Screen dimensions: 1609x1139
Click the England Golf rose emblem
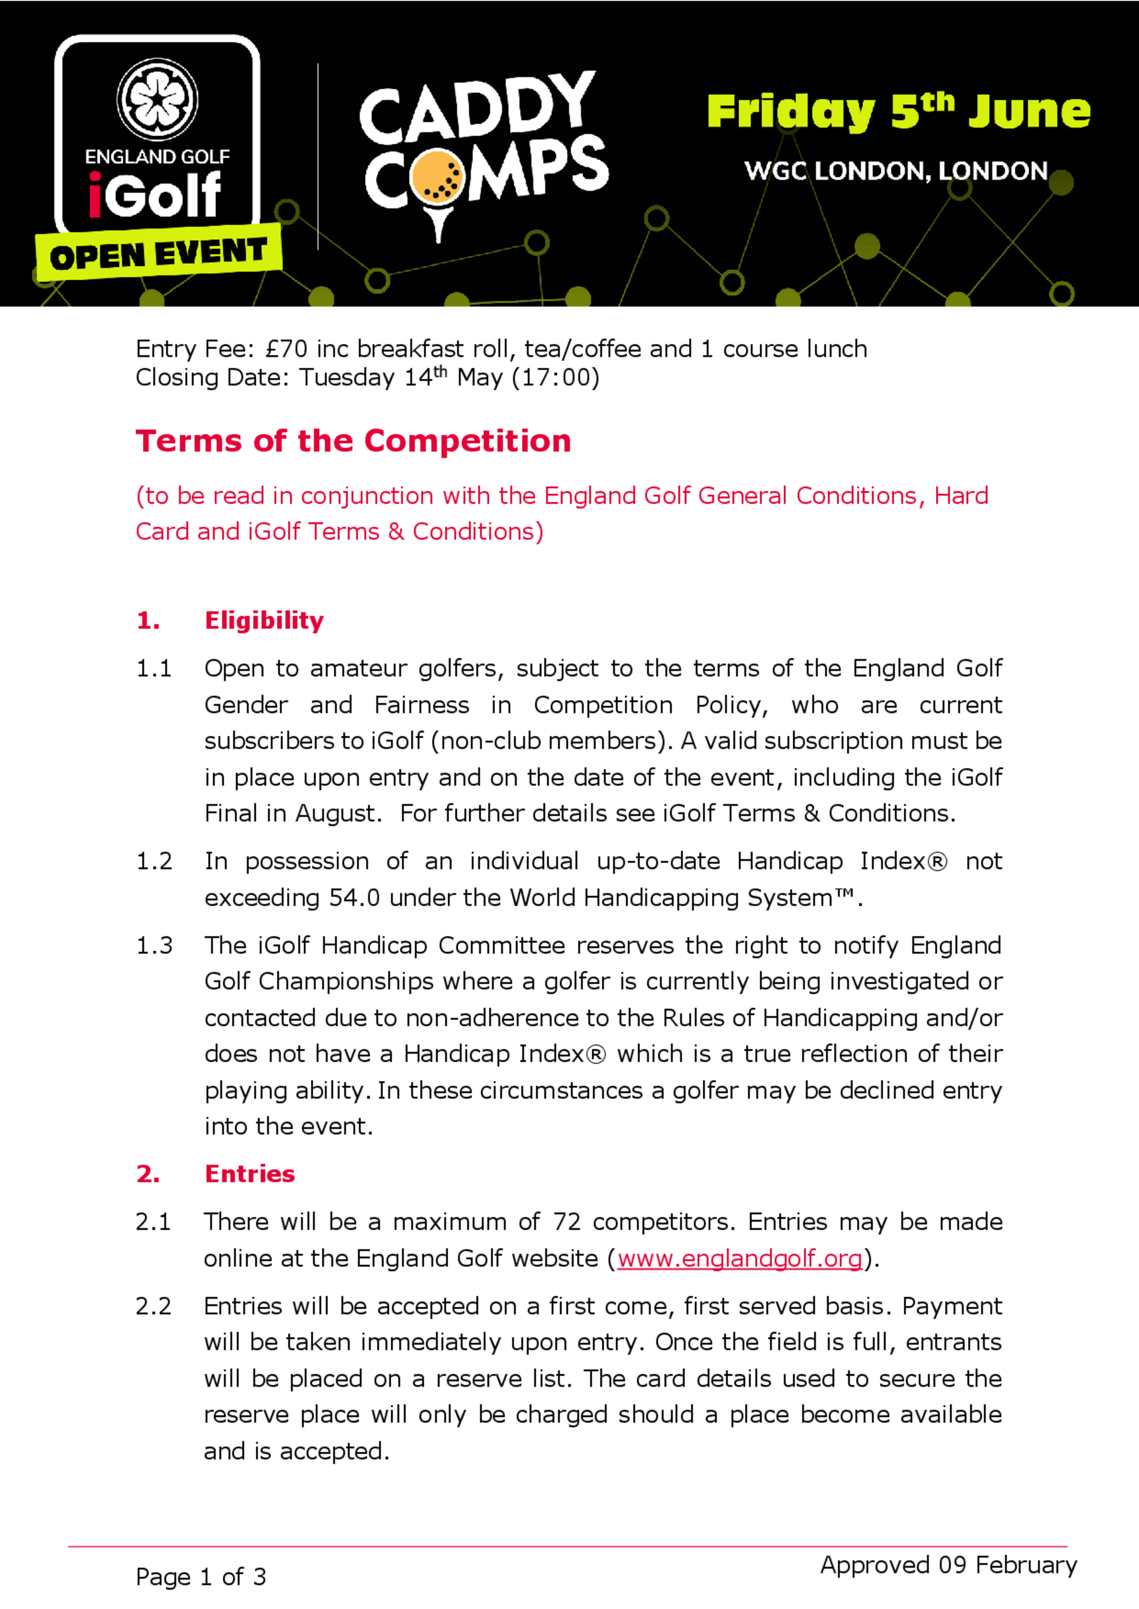(x=157, y=99)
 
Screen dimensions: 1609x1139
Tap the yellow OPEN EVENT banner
(x=158, y=253)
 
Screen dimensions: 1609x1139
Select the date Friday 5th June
(x=899, y=112)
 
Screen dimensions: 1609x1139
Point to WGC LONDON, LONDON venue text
(x=896, y=171)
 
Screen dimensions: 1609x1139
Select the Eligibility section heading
(x=264, y=620)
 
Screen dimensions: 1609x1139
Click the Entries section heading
(x=249, y=1173)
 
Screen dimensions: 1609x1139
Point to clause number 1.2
(x=154, y=861)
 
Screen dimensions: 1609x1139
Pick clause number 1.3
(x=154, y=945)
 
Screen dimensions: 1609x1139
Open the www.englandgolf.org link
(x=739, y=1258)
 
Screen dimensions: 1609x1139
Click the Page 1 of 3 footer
(x=200, y=1577)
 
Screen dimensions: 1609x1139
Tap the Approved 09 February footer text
(x=948, y=1565)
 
